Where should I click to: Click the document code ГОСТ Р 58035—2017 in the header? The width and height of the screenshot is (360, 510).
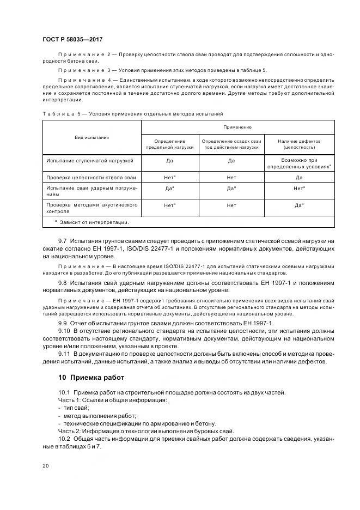(x=72, y=40)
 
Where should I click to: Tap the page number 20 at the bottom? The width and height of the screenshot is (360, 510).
(x=45, y=465)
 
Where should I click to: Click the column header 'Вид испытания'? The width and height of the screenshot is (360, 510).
(x=91, y=137)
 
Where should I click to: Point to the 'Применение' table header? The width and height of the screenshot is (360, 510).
(x=237, y=127)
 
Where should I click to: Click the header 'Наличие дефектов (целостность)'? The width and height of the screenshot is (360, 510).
(x=299, y=144)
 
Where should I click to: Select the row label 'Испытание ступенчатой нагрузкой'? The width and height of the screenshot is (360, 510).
(x=86, y=161)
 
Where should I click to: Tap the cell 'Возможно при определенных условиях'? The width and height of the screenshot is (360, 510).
(x=299, y=164)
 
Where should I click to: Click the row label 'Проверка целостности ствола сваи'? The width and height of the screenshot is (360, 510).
(x=91, y=178)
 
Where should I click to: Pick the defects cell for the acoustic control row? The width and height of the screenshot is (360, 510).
(x=299, y=205)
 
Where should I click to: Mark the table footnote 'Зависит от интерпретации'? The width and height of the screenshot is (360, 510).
(x=92, y=222)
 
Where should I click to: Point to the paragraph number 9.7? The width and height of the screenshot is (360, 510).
(x=63, y=240)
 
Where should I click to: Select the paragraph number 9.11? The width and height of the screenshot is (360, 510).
(x=64, y=354)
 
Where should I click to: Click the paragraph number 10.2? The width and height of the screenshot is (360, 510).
(x=64, y=439)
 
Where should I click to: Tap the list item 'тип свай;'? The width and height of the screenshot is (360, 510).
(x=76, y=408)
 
